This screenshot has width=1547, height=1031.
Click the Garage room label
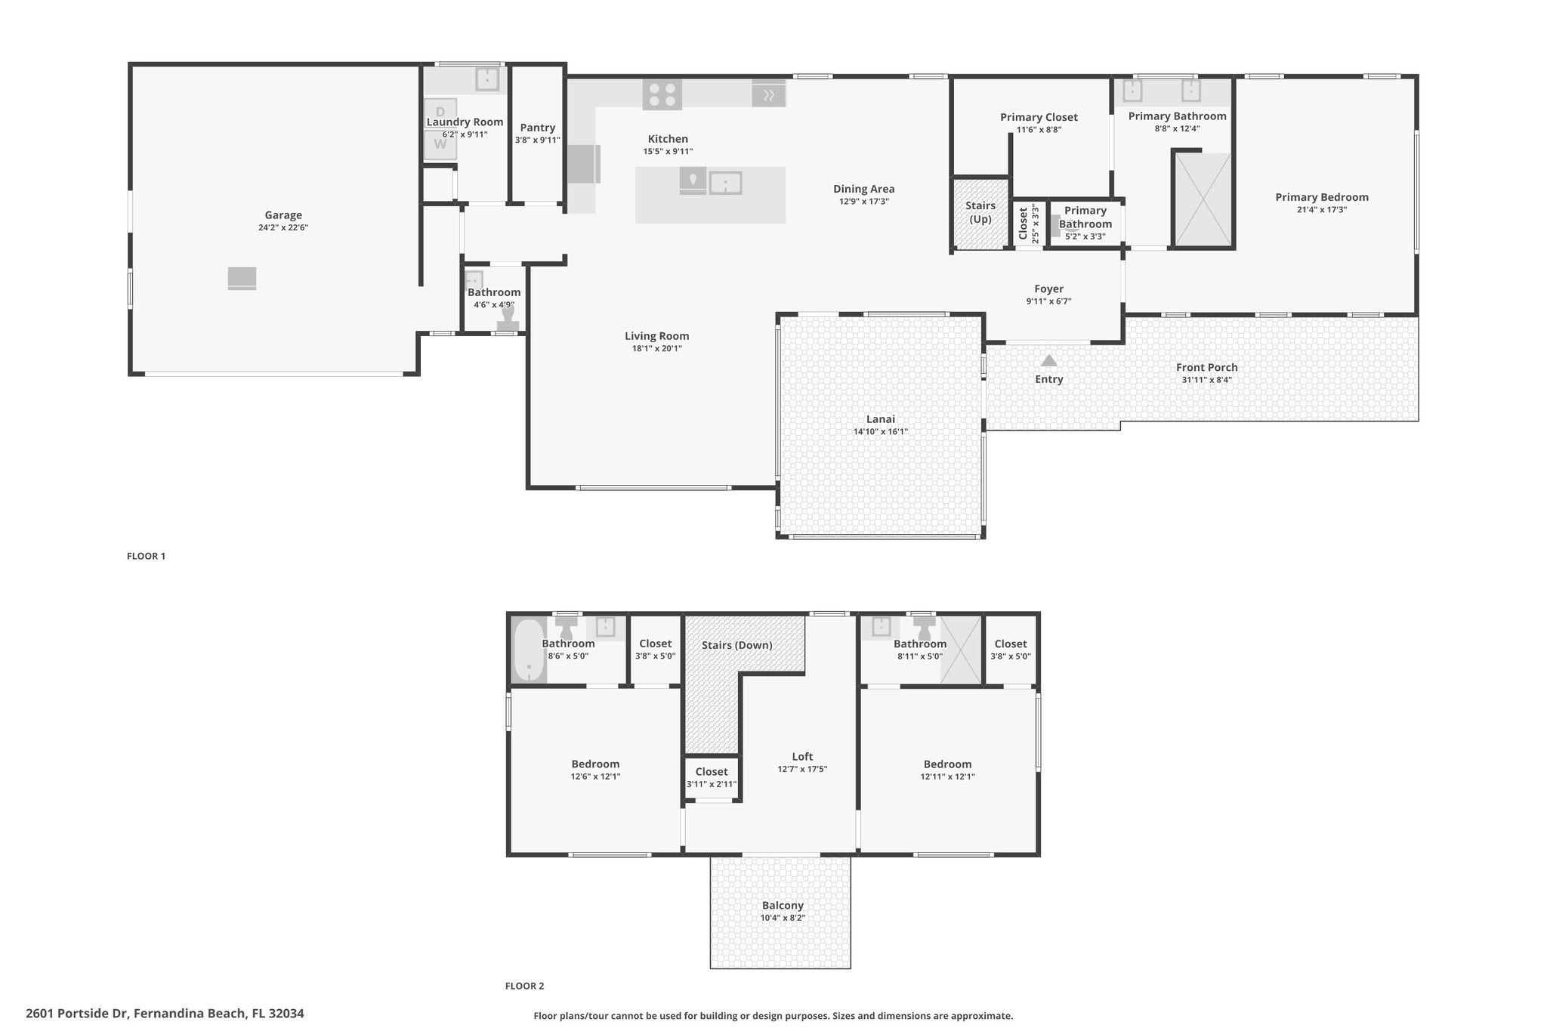click(x=283, y=215)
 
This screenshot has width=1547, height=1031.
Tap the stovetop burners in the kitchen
click(x=662, y=94)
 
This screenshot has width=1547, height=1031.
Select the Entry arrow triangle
click(x=1048, y=360)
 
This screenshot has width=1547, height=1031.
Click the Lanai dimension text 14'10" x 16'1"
click(x=881, y=432)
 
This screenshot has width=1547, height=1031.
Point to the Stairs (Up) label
click(x=980, y=212)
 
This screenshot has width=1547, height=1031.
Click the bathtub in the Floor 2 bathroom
click(x=530, y=650)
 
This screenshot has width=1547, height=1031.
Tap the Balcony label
click(x=783, y=906)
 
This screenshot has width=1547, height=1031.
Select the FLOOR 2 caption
click(x=524, y=986)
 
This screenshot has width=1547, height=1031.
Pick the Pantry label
click(x=538, y=128)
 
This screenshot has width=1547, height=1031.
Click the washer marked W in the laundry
click(x=440, y=144)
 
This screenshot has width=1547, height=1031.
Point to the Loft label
click(x=802, y=756)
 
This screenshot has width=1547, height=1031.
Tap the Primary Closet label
click(x=1039, y=117)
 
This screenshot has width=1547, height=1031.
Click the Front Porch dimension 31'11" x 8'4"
click(x=1206, y=380)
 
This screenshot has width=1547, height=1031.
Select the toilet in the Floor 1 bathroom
click(x=508, y=319)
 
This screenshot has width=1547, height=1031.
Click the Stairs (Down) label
click(x=736, y=645)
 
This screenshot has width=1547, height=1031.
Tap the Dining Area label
click(x=863, y=189)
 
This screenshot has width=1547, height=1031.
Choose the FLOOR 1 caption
click(x=146, y=556)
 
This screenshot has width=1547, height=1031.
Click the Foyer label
click(x=1048, y=289)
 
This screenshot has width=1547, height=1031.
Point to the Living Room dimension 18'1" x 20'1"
click(x=656, y=349)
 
